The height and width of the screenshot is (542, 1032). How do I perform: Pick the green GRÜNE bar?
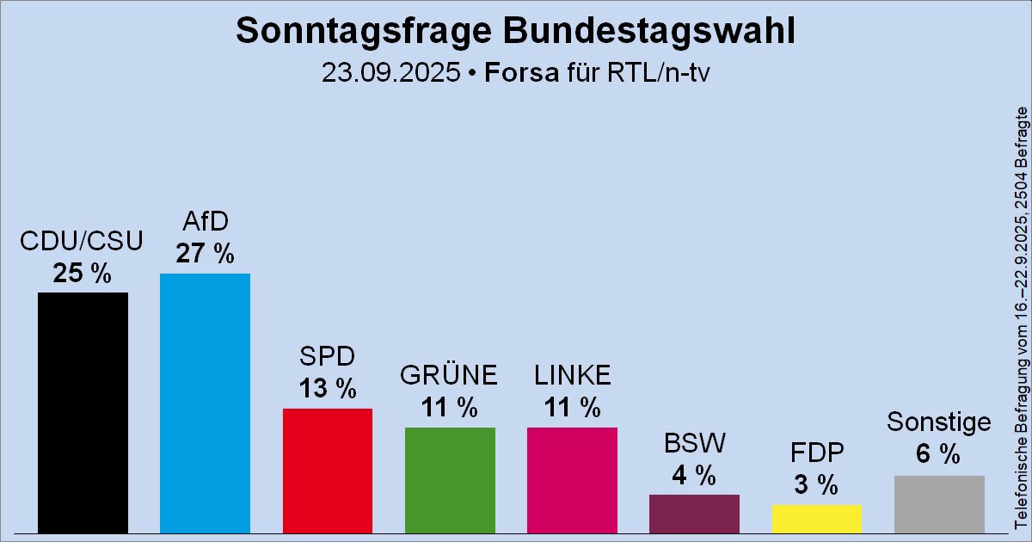tap(450, 479)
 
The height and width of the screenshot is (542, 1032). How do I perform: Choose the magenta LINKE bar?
tap(572, 479)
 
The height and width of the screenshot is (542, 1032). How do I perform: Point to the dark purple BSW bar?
tap(694, 513)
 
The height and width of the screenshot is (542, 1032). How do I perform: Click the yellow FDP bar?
tap(816, 518)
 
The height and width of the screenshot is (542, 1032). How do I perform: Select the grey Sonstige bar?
tap(939, 503)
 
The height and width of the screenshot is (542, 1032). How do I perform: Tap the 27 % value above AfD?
tap(205, 254)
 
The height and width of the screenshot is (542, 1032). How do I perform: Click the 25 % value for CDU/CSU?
tap(83, 274)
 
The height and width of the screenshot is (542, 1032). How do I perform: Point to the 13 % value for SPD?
tap(327, 389)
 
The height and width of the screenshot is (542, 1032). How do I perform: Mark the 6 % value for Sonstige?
tap(938, 455)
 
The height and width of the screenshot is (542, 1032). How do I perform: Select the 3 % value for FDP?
tap(816, 485)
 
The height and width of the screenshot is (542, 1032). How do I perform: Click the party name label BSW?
tap(694, 443)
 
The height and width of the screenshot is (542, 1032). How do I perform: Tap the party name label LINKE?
tap(572, 376)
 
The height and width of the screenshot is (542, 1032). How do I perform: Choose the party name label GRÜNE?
tap(450, 376)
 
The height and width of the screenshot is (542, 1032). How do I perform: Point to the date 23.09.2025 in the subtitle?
tap(390, 72)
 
